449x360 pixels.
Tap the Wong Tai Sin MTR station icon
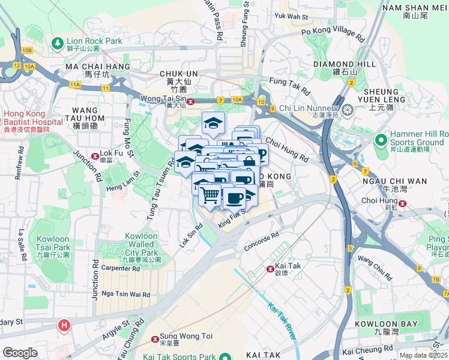coord(191,101)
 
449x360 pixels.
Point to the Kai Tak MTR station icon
coord(270,268)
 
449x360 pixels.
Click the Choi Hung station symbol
coord(403,203)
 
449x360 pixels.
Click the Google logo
coord(20,353)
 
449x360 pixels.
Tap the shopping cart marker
coord(209,194)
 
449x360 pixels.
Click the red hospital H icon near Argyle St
coord(64,326)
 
